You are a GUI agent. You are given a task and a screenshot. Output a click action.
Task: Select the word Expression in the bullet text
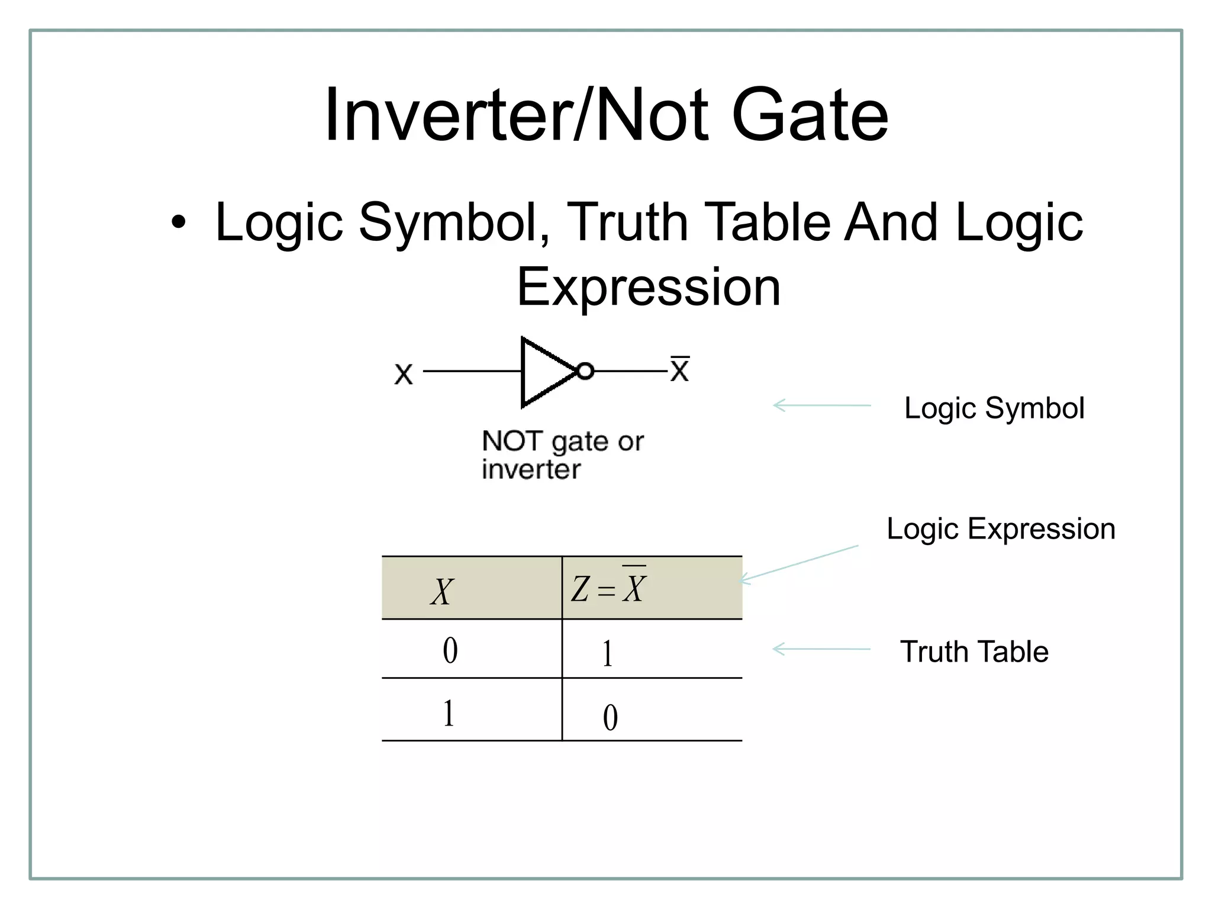click(649, 288)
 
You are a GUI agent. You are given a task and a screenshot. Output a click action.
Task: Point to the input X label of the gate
click(404, 374)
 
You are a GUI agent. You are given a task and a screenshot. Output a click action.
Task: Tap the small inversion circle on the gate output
click(585, 371)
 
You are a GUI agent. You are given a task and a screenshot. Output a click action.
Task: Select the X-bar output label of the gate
click(680, 370)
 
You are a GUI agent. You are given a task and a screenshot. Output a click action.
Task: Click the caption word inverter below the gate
click(531, 470)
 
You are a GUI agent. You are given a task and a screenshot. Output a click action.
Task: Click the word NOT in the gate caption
click(512, 441)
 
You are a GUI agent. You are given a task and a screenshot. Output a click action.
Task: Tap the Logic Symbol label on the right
click(994, 408)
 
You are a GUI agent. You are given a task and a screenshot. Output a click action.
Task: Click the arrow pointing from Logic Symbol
click(822, 405)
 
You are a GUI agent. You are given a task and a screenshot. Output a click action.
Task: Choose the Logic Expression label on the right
click(1001, 528)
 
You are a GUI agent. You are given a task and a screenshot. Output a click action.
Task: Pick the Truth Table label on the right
click(974, 652)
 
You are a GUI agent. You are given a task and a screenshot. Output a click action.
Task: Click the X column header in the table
click(442, 591)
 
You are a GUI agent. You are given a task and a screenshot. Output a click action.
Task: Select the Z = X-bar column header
click(609, 588)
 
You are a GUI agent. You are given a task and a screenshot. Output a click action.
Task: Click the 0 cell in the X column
click(450, 651)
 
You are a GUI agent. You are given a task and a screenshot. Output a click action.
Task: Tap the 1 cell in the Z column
click(607, 654)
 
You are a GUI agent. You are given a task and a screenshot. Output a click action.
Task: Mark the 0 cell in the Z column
click(610, 717)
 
